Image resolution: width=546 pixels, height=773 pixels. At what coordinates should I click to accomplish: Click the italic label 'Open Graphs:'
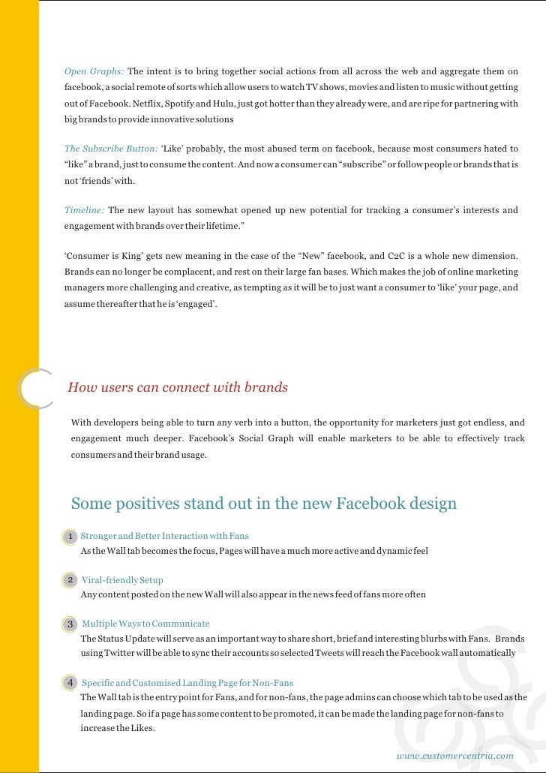[x=94, y=72]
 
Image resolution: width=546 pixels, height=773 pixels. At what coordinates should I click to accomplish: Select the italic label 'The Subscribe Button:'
[x=110, y=149]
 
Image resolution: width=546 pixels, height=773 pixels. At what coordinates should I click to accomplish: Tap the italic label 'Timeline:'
[x=84, y=210]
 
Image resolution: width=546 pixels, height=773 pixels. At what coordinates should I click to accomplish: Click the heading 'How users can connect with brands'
[x=178, y=388]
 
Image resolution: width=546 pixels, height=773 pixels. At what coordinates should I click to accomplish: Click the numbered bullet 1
[x=70, y=537]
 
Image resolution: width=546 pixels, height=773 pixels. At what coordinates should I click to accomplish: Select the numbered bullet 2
[x=70, y=580]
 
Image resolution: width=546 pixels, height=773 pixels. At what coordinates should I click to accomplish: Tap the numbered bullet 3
[x=70, y=624]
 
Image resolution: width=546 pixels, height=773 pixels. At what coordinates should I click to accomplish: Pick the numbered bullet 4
[x=70, y=683]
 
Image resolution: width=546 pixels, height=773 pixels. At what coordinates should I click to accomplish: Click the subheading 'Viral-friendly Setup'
[x=122, y=580]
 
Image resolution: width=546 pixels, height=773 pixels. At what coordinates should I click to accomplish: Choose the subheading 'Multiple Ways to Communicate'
[x=145, y=624]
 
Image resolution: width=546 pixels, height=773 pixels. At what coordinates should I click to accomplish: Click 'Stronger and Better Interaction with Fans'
[x=164, y=536]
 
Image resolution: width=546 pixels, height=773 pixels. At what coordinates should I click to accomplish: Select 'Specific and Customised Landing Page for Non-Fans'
[x=187, y=683]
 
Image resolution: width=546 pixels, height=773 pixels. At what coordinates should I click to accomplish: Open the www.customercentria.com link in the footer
[x=454, y=756]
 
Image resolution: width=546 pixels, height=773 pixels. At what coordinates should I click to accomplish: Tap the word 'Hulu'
[x=229, y=104]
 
